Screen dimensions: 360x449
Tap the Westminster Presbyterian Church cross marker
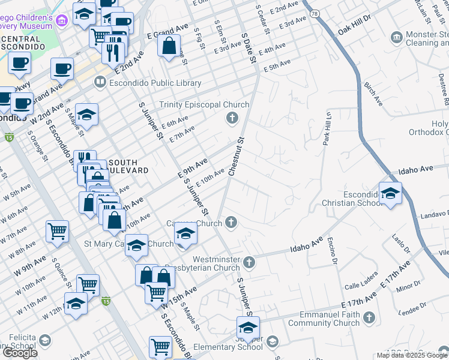coord(250,262)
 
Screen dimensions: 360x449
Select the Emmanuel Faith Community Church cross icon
coord(369,316)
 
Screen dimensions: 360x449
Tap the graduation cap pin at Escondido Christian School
coord(390,194)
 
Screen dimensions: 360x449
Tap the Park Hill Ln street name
coord(328,127)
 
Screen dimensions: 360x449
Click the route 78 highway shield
coord(315,13)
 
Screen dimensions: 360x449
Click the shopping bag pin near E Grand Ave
coord(169,44)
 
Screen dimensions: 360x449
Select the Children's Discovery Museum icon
coord(61,21)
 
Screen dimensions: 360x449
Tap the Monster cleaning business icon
coord(397,38)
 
